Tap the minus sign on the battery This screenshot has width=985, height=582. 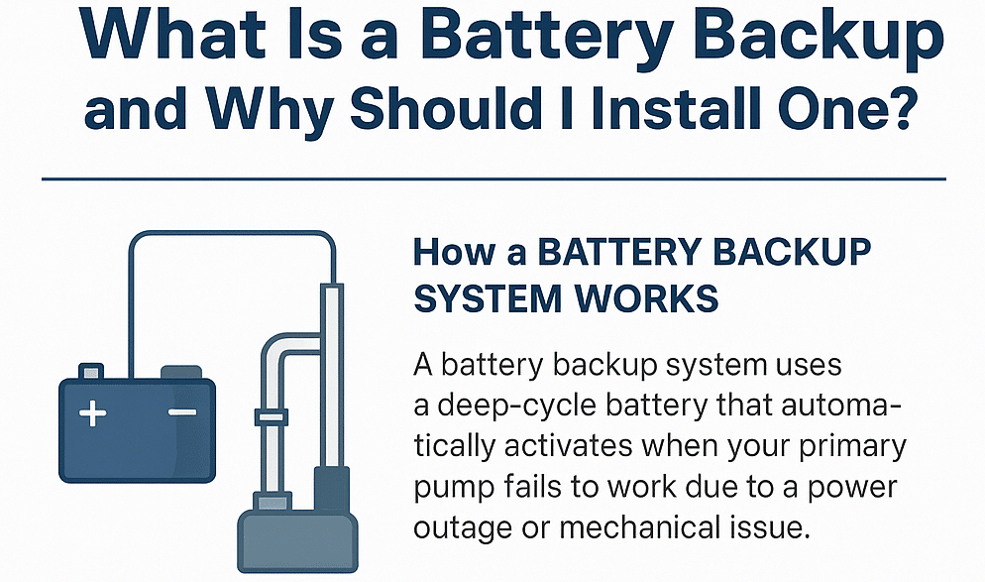(182, 412)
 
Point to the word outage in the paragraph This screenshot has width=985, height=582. (465, 525)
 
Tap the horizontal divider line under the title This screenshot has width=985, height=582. (493, 179)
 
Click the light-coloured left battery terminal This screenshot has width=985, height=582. (91, 373)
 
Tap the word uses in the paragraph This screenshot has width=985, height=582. (805, 367)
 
